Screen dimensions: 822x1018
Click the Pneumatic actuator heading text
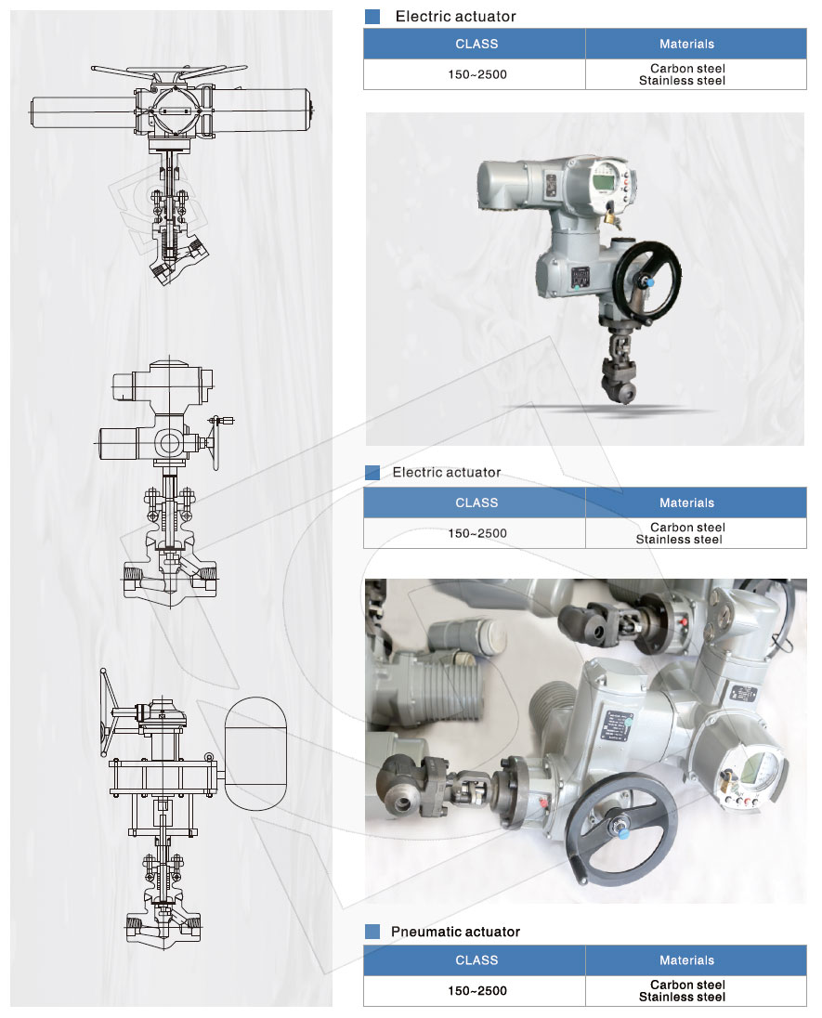[455, 932]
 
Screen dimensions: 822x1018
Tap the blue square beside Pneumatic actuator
[372, 932]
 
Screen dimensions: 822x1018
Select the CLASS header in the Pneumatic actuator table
[476, 960]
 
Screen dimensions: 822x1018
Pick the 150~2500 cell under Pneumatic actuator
[477, 991]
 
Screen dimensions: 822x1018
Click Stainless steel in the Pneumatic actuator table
[682, 998]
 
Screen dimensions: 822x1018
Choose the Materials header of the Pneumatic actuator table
[687, 960]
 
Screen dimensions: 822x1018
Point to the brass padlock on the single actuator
[610, 216]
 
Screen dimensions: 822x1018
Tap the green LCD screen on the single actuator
[603, 176]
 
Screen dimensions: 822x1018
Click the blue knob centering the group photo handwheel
[622, 831]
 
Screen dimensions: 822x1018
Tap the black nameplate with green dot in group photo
[616, 725]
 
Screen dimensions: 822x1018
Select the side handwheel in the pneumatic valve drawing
[105, 712]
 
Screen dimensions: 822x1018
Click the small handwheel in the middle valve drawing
[216, 442]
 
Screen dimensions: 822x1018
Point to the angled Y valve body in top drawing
[176, 255]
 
